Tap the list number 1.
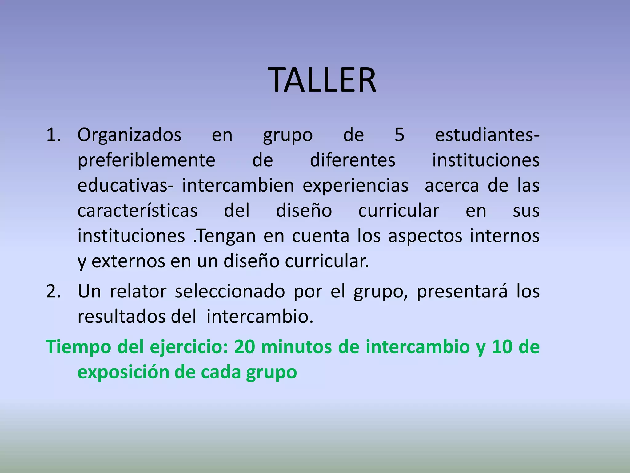(x=53, y=135)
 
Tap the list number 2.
(x=53, y=291)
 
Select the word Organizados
(x=130, y=135)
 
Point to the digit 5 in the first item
(x=399, y=135)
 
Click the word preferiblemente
(x=146, y=160)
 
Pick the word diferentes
(x=353, y=160)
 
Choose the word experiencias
(x=356, y=186)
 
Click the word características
(x=138, y=211)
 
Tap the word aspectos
(x=425, y=236)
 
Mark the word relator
(x=138, y=291)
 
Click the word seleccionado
(x=230, y=291)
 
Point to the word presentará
(x=462, y=291)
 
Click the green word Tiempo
(x=78, y=347)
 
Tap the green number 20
(x=245, y=347)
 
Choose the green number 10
(x=502, y=347)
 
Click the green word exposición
(x=123, y=372)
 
